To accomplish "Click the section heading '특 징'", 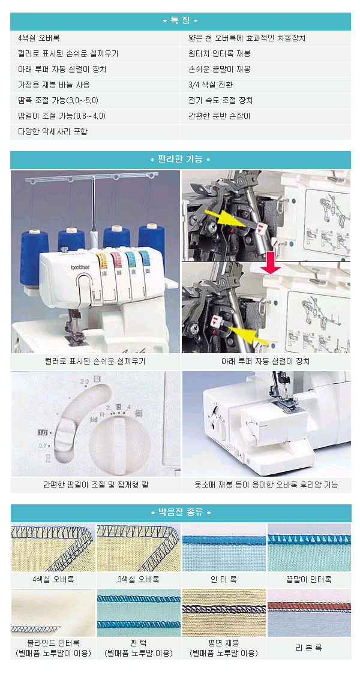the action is coord(180,21).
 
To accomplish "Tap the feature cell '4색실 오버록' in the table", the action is coord(38,38).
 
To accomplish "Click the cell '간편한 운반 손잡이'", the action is coord(220,116).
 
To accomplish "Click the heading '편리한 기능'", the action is coord(180,160).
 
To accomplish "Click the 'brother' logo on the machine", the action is coord(81,267).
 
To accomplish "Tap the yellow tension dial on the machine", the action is coord(102,260).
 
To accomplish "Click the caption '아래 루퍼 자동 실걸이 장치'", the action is coord(265,362).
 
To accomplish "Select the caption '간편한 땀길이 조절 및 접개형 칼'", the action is coord(96,485).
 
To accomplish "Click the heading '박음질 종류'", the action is coord(181,513).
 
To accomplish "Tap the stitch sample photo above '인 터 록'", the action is coord(224,547).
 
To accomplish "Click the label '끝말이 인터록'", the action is coord(309,579).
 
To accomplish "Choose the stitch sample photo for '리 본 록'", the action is coord(309,612).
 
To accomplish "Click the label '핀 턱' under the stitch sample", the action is coord(139,643).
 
